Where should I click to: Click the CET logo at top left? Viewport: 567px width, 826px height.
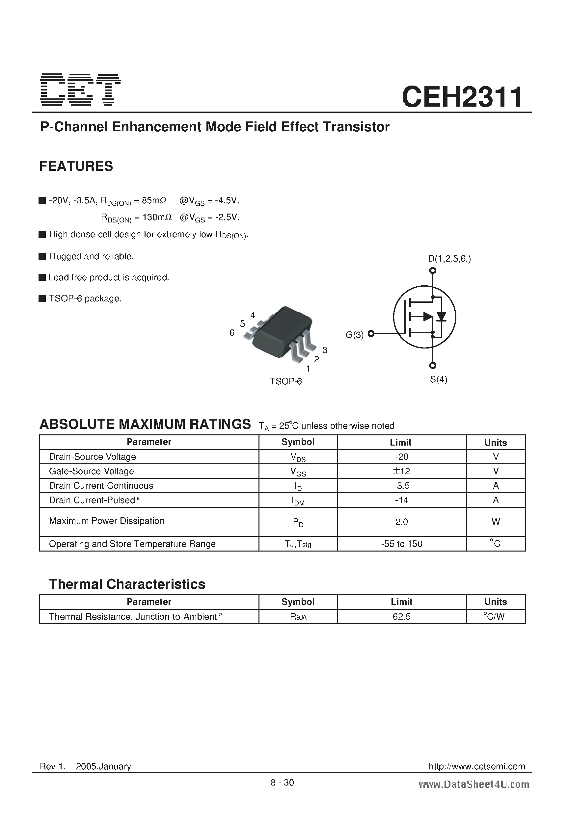point(80,90)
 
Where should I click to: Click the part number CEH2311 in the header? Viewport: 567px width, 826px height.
point(462,97)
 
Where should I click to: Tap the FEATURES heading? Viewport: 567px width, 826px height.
point(76,166)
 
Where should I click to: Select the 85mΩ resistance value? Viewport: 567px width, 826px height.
point(154,200)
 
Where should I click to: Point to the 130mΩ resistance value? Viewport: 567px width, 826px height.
point(157,217)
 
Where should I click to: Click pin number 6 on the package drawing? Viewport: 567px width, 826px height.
point(232,333)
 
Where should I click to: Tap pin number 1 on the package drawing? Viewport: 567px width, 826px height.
point(308,369)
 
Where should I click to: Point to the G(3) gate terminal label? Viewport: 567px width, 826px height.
point(354,335)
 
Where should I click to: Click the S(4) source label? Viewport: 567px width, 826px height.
point(438,379)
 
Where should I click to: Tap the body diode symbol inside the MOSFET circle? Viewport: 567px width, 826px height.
point(442,316)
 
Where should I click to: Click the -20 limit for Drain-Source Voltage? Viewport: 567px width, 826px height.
point(401,457)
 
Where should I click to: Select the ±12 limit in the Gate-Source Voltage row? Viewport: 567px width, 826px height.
point(401,471)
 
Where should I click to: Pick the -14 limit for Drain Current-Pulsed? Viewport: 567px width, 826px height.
point(401,500)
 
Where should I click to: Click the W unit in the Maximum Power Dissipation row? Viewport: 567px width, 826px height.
point(496,522)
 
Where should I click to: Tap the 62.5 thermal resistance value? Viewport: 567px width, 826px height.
point(401,617)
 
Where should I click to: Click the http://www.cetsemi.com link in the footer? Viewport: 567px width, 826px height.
point(477,766)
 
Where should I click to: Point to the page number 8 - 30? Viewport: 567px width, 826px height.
point(282,782)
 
